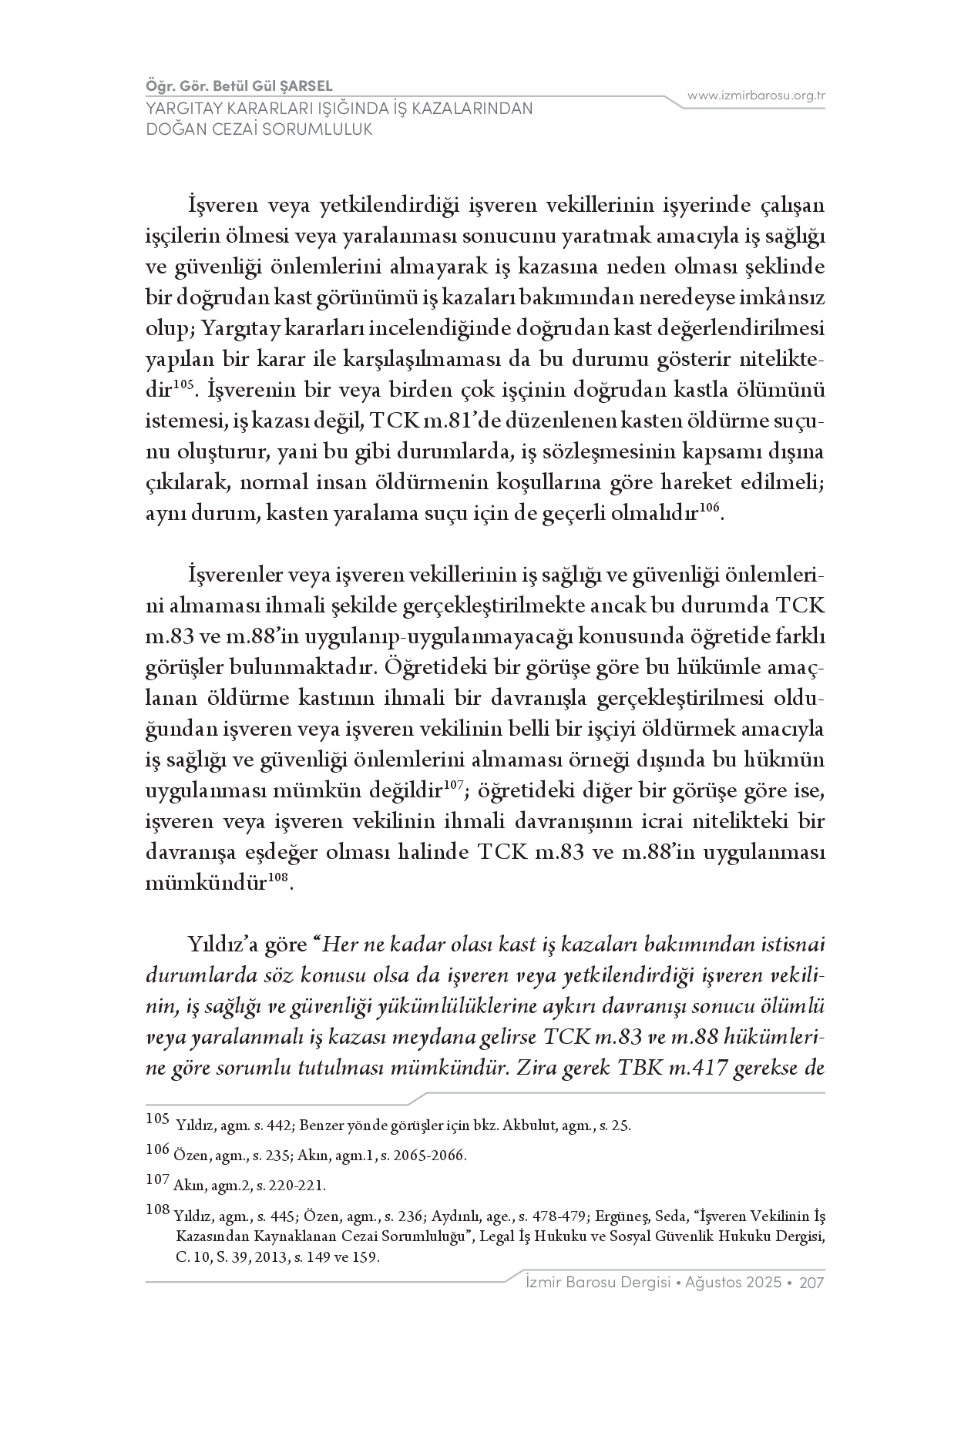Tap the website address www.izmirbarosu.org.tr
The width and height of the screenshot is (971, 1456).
click(x=756, y=96)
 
